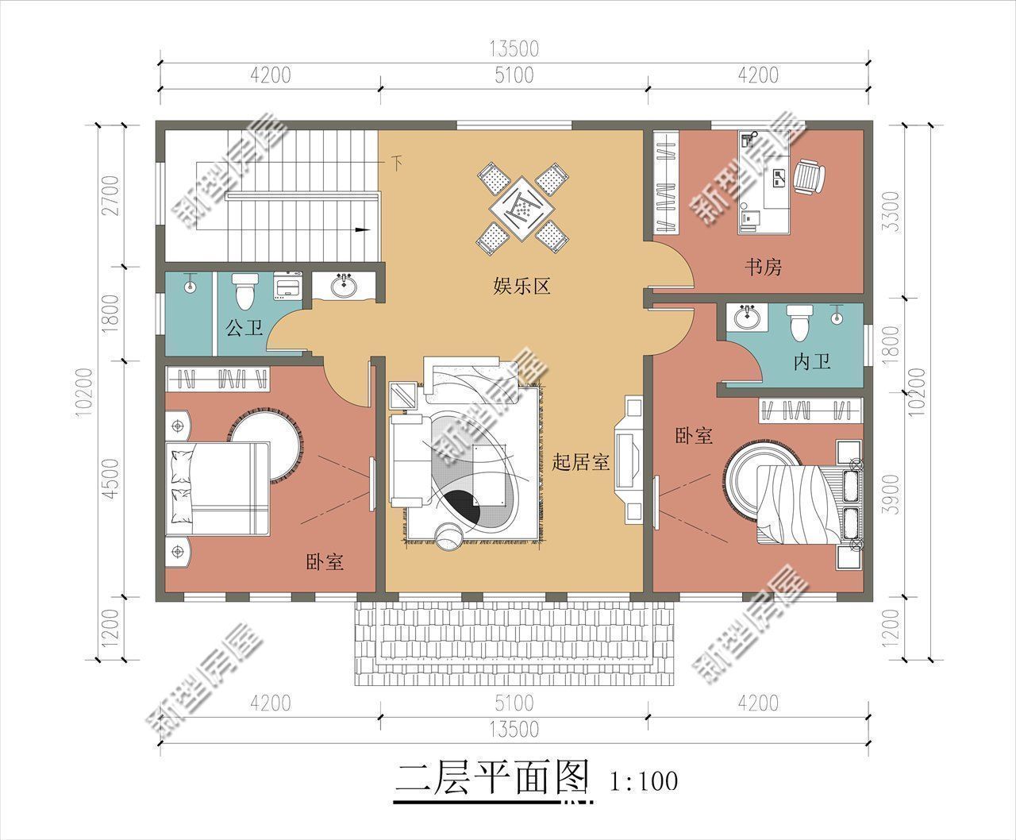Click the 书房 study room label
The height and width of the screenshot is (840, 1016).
(x=763, y=267)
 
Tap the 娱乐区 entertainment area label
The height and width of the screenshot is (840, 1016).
(x=521, y=286)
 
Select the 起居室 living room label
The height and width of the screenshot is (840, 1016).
(x=580, y=462)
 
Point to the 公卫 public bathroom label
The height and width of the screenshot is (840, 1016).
(x=243, y=327)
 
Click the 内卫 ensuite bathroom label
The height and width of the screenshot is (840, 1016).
(x=811, y=363)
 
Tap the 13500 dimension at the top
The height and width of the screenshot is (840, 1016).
(x=514, y=49)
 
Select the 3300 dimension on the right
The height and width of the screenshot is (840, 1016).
(x=895, y=211)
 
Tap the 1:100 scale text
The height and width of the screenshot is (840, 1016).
(x=645, y=781)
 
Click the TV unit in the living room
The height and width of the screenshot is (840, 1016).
(x=629, y=460)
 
